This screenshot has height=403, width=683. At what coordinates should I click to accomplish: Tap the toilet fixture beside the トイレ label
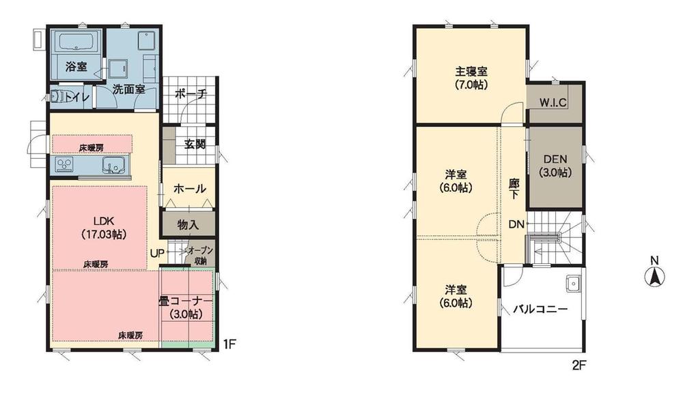click(60, 96)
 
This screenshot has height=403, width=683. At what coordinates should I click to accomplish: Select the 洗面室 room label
click(128, 89)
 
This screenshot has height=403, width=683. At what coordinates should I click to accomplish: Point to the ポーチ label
click(190, 95)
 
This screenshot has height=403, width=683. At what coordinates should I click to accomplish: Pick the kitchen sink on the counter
click(113, 165)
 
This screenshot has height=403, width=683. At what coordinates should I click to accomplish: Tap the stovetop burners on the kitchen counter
click(65, 165)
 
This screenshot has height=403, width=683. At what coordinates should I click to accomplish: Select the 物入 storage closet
click(188, 224)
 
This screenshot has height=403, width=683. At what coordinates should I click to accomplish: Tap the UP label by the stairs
click(156, 252)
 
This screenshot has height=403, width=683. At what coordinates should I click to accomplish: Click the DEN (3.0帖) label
click(554, 167)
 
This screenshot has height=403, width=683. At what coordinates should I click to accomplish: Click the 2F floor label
click(579, 365)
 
